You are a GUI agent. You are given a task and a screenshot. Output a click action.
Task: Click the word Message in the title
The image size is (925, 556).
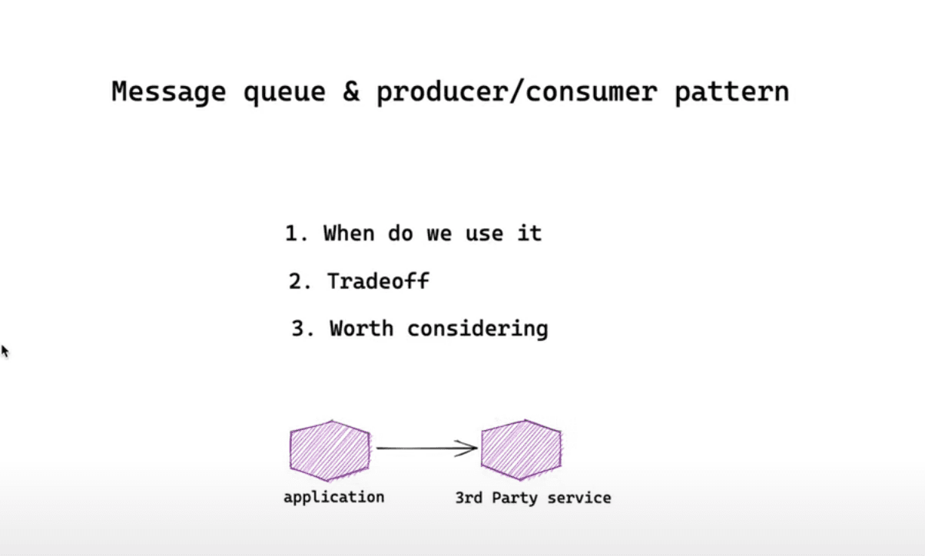click(168, 92)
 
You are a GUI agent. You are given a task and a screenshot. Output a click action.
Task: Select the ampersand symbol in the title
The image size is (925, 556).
click(350, 92)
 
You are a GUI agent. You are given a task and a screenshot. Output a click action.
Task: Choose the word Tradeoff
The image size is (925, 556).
click(377, 282)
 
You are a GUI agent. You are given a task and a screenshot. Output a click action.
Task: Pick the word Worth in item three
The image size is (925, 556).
click(362, 329)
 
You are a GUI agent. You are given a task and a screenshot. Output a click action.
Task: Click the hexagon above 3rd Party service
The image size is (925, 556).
click(521, 450)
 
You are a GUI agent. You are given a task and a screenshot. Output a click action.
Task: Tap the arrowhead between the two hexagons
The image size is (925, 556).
click(469, 448)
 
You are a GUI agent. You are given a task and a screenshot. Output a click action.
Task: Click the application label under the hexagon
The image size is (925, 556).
click(333, 498)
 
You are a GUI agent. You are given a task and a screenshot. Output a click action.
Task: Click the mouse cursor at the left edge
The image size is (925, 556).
click(5, 351)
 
